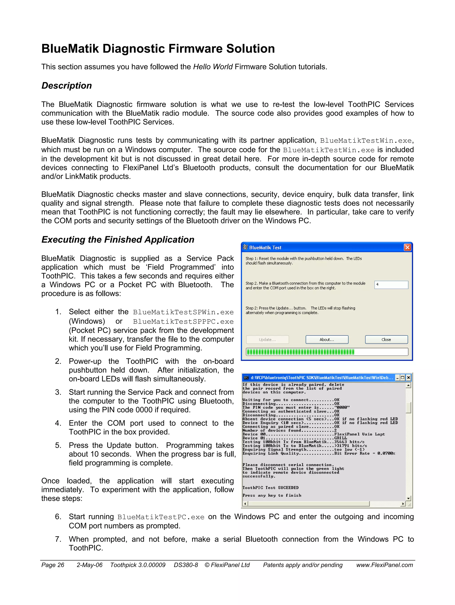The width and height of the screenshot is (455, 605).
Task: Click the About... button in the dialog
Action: pos(327,339)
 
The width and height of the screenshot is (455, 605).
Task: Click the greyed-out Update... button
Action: pos(267,339)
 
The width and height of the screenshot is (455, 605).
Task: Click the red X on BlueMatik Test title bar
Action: pos(407,247)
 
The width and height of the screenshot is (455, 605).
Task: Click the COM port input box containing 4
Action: pos(391,285)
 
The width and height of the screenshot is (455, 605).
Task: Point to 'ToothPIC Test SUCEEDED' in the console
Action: pos(270,488)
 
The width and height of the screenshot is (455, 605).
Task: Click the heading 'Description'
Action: pos(66,86)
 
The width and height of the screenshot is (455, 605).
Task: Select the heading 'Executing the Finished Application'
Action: pos(118,240)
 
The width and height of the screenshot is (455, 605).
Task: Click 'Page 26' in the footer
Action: pos(53,565)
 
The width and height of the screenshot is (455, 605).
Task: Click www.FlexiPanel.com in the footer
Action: pos(384,565)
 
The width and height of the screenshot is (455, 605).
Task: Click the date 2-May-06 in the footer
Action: pos(90,565)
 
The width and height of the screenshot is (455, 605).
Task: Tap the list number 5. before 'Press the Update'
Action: pos(58,445)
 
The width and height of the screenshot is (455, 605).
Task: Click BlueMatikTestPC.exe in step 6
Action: pos(161,517)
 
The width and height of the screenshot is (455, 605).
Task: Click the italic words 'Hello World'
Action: pos(213,67)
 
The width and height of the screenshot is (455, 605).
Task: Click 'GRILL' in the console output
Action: pos(340,438)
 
